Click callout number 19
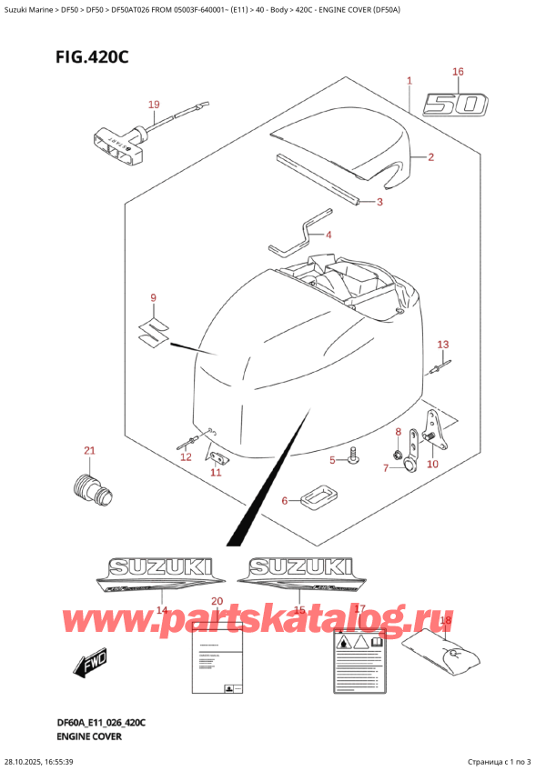pos(154,105)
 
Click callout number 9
pos(154,297)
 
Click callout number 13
pos(443,345)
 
